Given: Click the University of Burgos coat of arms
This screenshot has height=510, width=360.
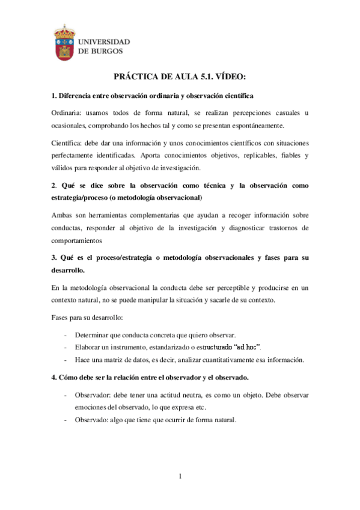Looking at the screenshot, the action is coord(65,43).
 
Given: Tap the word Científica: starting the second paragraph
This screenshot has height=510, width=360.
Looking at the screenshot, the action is coord(69,143).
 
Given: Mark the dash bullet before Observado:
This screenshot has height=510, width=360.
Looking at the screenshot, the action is coord(65,420).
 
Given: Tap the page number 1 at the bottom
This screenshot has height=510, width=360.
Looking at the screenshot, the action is coord(180,477).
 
